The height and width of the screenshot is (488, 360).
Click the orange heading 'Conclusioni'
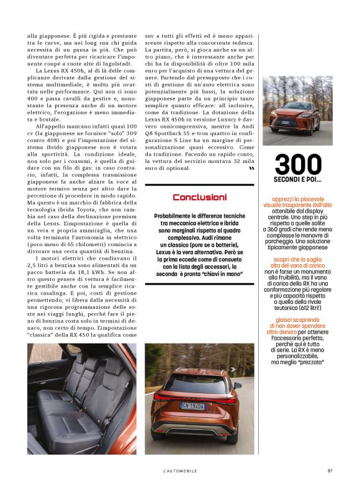click(x=199, y=197)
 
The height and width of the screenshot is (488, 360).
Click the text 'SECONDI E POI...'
click(x=297, y=180)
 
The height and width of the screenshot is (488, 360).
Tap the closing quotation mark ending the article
click(x=251, y=168)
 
